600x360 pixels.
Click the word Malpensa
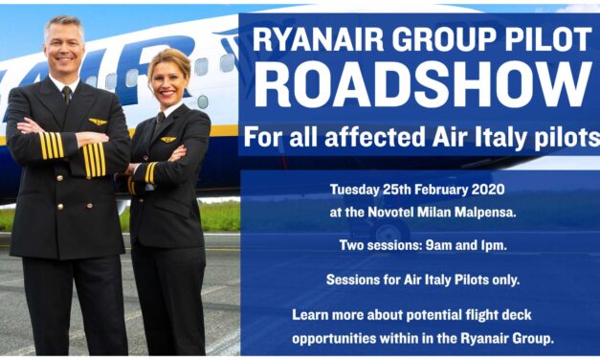(x=483, y=213)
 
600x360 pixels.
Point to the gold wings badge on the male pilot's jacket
(x=97, y=122)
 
